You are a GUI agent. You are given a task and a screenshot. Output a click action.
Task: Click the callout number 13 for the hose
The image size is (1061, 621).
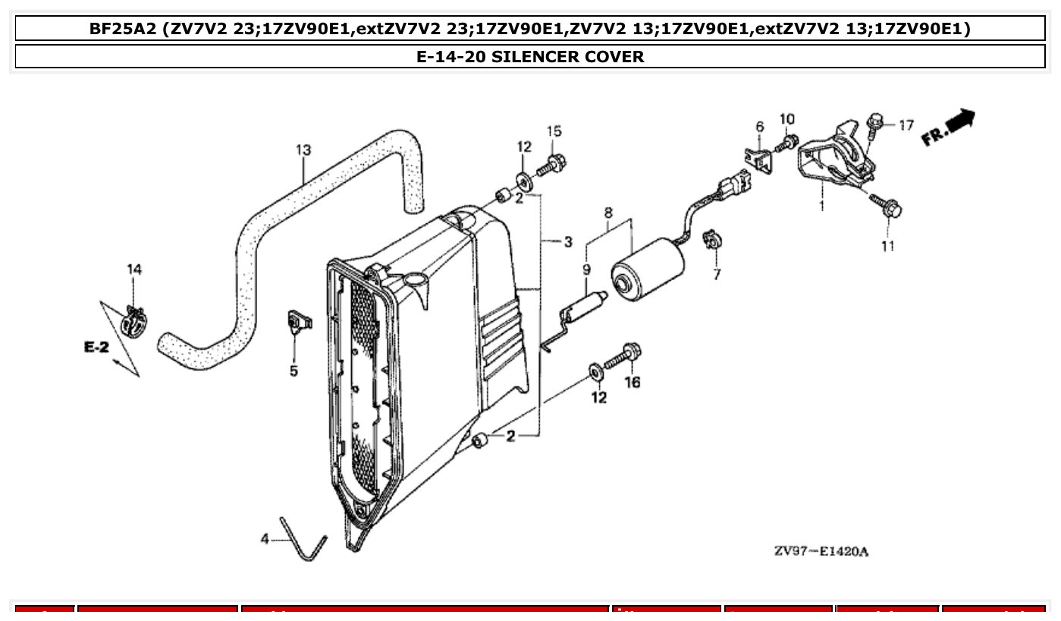303,150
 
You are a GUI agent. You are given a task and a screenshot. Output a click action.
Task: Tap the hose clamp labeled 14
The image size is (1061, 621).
133,322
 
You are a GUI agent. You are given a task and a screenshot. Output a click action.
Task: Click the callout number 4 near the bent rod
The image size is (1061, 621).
265,539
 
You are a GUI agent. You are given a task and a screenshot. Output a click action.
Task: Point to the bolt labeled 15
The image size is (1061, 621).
551,163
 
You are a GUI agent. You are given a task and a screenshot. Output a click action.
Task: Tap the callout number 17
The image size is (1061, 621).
907,125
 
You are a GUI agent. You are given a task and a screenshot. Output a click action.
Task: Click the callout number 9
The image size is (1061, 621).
586,269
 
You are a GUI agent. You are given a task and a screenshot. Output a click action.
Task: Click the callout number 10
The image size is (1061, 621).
787,119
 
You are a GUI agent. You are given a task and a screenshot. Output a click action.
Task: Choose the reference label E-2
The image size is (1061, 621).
97,347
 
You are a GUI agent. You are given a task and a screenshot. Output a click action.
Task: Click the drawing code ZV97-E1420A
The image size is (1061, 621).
821,551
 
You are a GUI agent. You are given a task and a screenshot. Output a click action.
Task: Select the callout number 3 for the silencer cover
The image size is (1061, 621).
567,242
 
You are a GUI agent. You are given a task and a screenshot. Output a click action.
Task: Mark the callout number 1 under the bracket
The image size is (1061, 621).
821,206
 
